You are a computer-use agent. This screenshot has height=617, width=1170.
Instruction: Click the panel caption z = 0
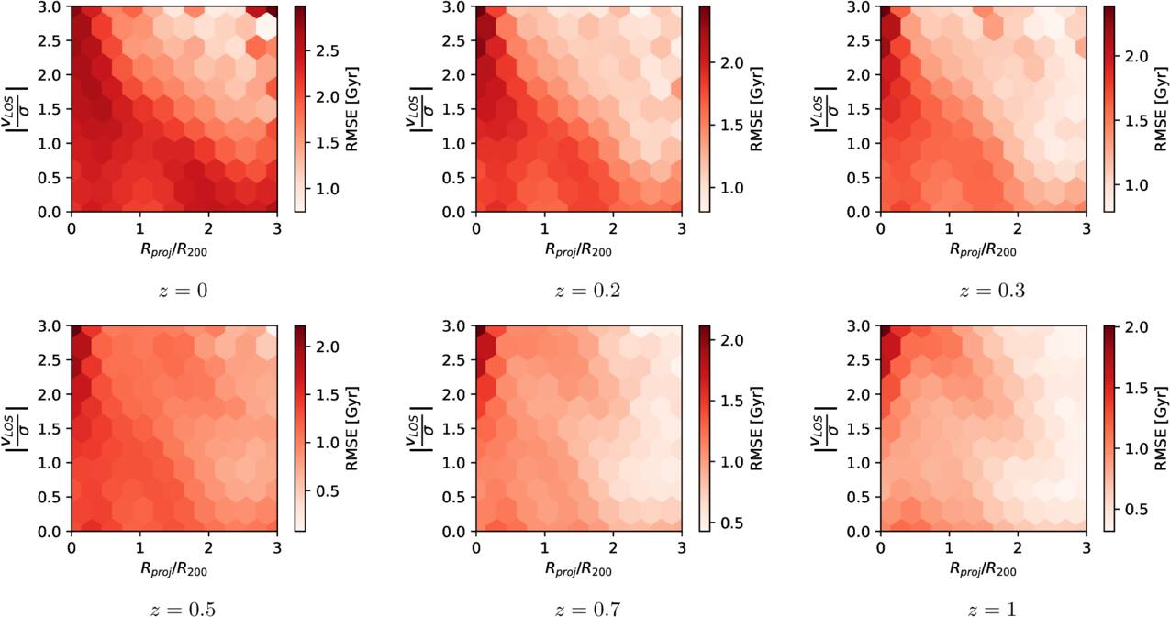click(x=183, y=291)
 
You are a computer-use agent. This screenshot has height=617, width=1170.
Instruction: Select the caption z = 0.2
click(x=587, y=291)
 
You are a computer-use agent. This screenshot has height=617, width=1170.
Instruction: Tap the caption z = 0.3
click(x=992, y=291)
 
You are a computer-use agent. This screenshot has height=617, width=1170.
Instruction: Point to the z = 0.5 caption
click(x=183, y=609)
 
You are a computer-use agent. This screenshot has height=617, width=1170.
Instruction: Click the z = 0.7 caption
click(x=587, y=609)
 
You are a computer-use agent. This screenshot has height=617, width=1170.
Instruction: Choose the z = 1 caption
click(x=992, y=609)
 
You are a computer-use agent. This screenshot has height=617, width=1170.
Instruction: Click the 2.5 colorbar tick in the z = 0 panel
click(x=327, y=51)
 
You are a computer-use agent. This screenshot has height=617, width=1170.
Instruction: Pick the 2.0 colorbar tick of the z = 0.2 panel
click(x=731, y=63)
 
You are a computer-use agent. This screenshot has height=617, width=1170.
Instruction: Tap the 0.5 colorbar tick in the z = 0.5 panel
click(x=327, y=491)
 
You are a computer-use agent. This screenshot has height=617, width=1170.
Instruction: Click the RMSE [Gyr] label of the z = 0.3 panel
click(x=1161, y=108)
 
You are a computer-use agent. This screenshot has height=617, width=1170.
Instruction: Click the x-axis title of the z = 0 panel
click(x=174, y=250)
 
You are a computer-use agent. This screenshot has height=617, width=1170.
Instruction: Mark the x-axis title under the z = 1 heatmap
click(x=983, y=570)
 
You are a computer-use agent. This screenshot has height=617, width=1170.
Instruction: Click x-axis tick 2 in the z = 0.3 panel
click(x=1018, y=228)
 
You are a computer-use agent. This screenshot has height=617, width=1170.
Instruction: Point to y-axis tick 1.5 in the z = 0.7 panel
click(x=455, y=428)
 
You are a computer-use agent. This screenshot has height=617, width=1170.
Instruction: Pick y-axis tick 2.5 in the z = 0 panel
click(x=50, y=40)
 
